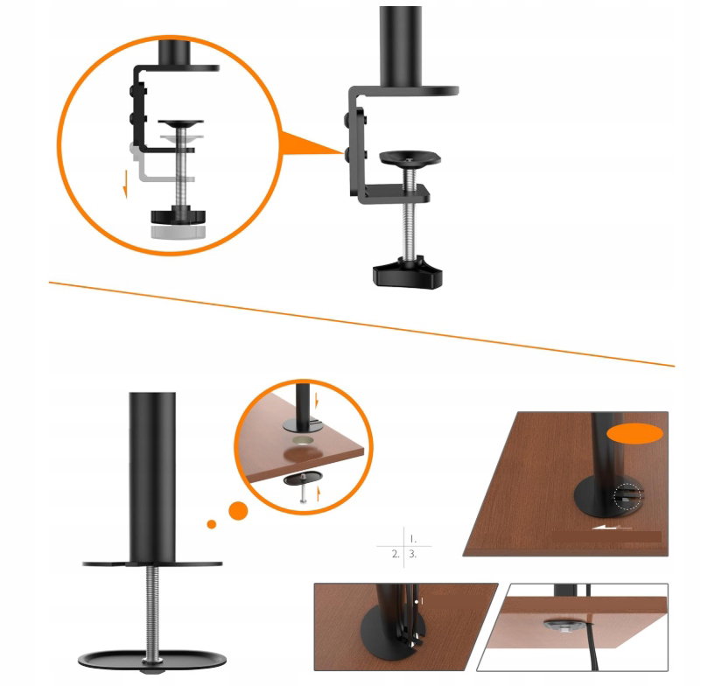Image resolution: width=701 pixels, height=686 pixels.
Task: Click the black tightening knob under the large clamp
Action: tap(407, 273)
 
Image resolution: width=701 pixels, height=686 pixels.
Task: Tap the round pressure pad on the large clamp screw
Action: tap(410, 157)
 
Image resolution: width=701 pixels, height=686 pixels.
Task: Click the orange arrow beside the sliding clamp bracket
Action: tap(126, 184)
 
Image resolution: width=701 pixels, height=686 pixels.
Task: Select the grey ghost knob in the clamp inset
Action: tap(178, 232)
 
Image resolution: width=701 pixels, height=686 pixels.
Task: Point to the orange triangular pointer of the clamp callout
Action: tap(307, 142)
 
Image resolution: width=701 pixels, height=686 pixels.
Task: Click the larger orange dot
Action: tap(238, 510)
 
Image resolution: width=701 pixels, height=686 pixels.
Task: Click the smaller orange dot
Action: tap(212, 524)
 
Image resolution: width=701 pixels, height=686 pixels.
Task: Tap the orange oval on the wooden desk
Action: tap(634, 433)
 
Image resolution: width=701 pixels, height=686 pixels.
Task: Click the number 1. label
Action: tap(413, 540)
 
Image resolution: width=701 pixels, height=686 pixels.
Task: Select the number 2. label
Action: tap(396, 554)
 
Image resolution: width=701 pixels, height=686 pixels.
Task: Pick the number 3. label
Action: tap(413, 554)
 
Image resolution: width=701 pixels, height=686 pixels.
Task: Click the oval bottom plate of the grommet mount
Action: tap(152, 660)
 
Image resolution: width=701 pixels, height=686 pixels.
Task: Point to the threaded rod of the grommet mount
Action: tap(152, 612)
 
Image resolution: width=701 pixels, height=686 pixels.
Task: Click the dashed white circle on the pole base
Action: tap(629, 497)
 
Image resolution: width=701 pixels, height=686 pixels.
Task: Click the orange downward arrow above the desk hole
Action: tap(317, 401)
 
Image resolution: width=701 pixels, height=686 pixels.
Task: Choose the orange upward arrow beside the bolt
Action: tap(319, 493)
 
